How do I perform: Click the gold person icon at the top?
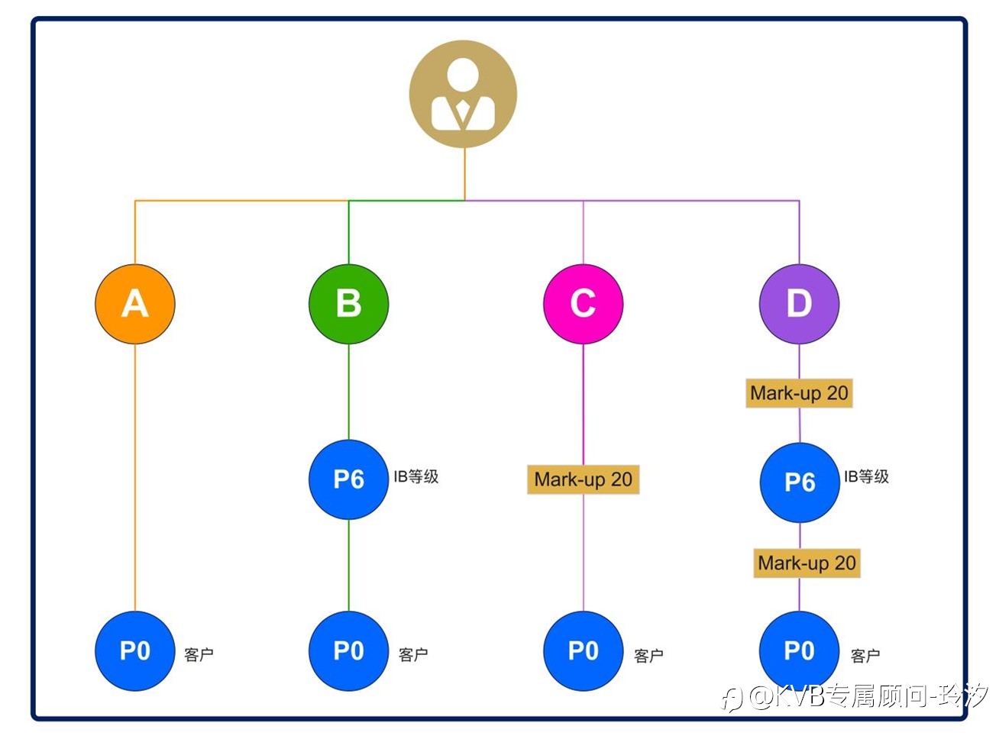[463, 94]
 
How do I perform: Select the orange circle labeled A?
[135, 304]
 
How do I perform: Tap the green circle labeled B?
[348, 304]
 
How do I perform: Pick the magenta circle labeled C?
[584, 304]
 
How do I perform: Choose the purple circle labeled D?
[799, 304]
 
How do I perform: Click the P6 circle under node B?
[348, 479]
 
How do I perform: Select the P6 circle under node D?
[800, 482]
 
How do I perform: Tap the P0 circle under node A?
[135, 651]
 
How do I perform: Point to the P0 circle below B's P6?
[348, 651]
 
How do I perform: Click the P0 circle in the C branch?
[584, 651]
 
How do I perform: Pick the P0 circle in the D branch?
[799, 651]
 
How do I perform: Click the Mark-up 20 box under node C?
[584, 479]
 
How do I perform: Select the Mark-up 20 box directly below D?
[799, 393]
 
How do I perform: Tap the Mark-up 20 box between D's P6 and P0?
[807, 563]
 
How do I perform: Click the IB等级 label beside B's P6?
[415, 477]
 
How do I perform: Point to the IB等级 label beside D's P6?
[866, 477]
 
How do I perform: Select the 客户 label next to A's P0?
[199, 655]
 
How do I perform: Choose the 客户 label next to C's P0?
[648, 656]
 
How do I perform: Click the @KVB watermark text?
[855, 697]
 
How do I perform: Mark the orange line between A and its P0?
[135, 478]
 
